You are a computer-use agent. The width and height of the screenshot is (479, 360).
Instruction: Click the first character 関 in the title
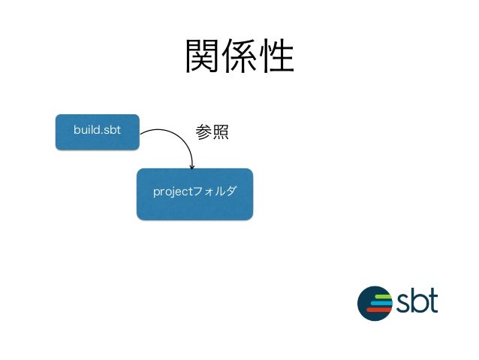(x=203, y=56)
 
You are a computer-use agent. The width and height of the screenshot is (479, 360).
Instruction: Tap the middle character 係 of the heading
(x=239, y=56)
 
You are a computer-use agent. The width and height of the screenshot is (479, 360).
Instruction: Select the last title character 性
(x=275, y=56)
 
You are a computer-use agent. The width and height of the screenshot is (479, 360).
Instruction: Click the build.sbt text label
(x=97, y=130)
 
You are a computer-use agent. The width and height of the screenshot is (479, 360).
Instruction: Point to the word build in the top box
(x=86, y=130)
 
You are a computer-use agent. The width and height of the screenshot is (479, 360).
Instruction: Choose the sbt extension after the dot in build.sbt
(x=111, y=130)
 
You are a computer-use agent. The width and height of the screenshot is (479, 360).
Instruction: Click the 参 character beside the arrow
(x=203, y=132)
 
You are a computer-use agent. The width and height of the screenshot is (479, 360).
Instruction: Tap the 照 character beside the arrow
(x=219, y=132)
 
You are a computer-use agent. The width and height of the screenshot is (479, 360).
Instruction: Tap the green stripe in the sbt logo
(x=383, y=296)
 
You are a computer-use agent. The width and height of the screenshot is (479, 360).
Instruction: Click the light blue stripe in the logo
(x=381, y=302)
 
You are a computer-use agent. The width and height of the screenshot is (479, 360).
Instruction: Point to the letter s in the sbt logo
(x=405, y=304)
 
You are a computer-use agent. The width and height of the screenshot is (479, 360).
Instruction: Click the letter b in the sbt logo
(x=420, y=300)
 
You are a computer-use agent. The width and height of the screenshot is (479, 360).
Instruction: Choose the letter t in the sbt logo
(x=433, y=301)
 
